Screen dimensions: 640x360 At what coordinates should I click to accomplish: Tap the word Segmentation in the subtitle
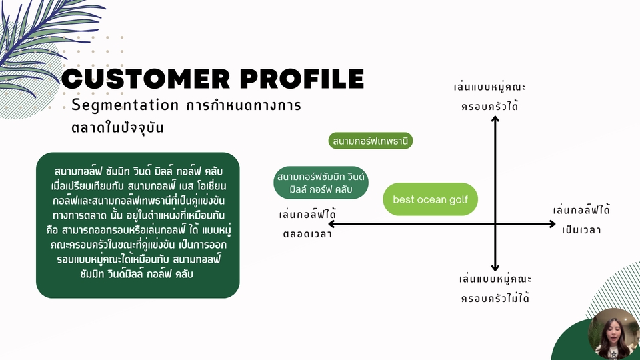(x=125, y=105)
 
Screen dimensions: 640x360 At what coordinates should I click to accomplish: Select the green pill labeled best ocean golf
(x=431, y=199)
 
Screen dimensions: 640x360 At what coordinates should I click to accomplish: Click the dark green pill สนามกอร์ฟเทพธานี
(x=371, y=141)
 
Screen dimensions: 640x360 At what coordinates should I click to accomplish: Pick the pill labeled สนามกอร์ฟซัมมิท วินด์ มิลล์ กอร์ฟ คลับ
(x=321, y=183)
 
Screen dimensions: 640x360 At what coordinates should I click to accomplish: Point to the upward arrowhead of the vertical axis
(x=495, y=120)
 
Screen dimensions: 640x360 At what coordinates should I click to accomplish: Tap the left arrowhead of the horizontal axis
(x=325, y=224)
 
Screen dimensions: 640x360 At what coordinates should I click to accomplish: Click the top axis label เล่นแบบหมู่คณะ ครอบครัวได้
(x=489, y=97)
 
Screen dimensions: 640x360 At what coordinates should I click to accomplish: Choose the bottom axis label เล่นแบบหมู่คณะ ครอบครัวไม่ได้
(x=495, y=288)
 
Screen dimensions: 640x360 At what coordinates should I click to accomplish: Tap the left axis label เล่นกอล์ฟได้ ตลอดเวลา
(x=307, y=224)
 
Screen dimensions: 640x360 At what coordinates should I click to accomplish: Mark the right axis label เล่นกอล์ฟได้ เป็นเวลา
(x=582, y=220)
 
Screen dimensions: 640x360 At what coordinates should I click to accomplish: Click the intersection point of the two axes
(x=495, y=224)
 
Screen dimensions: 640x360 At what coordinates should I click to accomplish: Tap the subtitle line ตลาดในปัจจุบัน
(x=117, y=127)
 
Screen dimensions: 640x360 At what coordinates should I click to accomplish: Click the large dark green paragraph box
(x=137, y=225)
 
